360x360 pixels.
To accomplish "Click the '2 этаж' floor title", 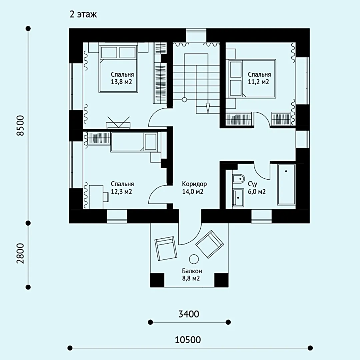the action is point(83,14).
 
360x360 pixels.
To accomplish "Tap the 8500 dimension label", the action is point(20,126).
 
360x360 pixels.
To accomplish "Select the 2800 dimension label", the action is point(20,253).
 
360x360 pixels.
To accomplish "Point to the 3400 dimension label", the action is point(189,314).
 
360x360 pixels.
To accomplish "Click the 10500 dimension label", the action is point(188,340).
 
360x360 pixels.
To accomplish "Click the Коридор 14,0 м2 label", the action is point(194,188).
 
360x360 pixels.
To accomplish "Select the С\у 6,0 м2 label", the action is point(257,188).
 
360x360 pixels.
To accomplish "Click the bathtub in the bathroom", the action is point(286,184).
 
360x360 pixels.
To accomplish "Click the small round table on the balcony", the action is point(194,259).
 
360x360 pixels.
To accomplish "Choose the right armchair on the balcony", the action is point(210,245).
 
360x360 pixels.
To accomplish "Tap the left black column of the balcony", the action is point(157,280).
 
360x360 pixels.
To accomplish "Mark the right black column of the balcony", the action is point(221,280).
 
